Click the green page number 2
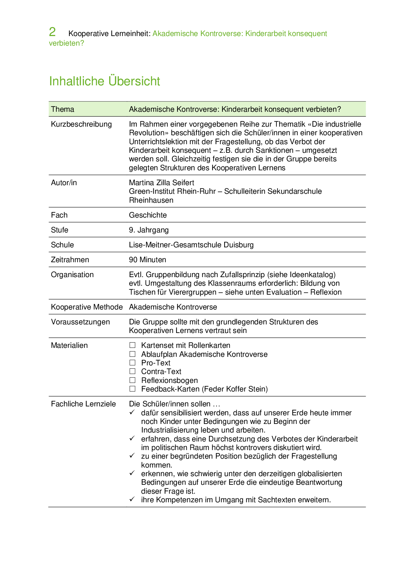pyautogui.click(x=52, y=32)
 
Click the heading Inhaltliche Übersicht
pyautogui.click(x=104, y=81)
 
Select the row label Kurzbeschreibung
pyautogui.click(x=81, y=124)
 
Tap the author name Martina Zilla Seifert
pyautogui.click(x=161, y=183)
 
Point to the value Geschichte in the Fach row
pyautogui.click(x=148, y=215)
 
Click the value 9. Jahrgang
pyautogui.click(x=149, y=230)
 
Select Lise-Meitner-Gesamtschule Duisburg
pyautogui.click(x=191, y=245)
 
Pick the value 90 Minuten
pyautogui.click(x=147, y=260)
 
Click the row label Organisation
pyautogui.click(x=72, y=275)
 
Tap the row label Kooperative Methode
pyautogui.click(x=87, y=307)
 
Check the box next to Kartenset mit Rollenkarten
pyautogui.click(x=133, y=345)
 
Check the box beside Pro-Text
pyautogui.click(x=133, y=363)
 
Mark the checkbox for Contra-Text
pyautogui.click(x=133, y=371)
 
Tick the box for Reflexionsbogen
pyautogui.click(x=133, y=380)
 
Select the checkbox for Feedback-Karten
pyautogui.click(x=133, y=389)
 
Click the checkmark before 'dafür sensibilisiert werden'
pyautogui.click(x=132, y=412)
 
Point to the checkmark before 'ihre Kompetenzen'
pyautogui.click(x=132, y=499)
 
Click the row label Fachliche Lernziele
pyautogui.click(x=83, y=404)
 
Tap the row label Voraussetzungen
pyautogui.click(x=80, y=322)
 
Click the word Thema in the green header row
pyautogui.click(x=62, y=109)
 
